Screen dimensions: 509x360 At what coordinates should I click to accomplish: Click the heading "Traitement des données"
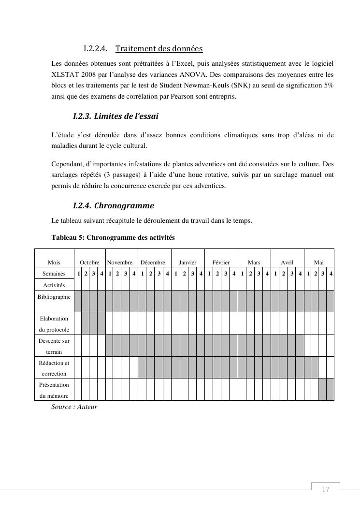[x=159, y=49]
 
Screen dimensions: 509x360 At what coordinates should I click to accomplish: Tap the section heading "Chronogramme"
[x=124, y=206]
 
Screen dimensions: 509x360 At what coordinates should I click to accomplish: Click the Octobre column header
[x=89, y=262]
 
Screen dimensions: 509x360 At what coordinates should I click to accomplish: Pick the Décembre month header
[x=153, y=262]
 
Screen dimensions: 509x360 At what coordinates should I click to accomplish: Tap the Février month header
[x=221, y=262]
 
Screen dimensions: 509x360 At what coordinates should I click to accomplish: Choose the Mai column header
[x=319, y=262]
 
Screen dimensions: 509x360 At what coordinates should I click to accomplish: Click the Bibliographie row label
[x=54, y=297]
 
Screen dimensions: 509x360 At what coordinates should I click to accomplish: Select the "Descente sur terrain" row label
[x=54, y=346]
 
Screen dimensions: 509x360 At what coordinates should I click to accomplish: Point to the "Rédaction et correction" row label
[x=54, y=368]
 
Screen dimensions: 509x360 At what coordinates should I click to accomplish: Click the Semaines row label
[x=54, y=274]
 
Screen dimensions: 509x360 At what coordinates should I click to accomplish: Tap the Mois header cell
[x=54, y=262]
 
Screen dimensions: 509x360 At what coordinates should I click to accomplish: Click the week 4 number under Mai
[x=331, y=274]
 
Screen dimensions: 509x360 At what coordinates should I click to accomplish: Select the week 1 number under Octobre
[x=78, y=274]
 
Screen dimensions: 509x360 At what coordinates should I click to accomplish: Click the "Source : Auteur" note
[x=74, y=407]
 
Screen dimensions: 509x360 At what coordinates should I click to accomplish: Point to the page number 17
[x=326, y=490]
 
